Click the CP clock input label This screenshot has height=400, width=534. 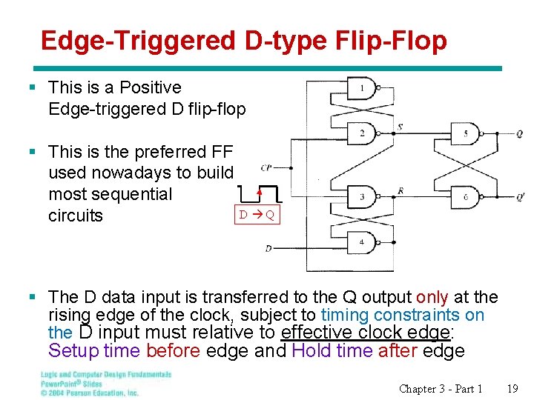tap(266, 168)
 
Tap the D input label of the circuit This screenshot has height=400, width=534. tap(268, 249)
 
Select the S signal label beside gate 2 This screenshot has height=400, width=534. tap(400, 127)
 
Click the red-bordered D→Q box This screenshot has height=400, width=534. tap(257, 216)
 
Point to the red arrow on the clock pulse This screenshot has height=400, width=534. tap(259, 193)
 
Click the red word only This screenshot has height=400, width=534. tap(432, 298)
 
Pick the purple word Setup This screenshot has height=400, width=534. tap(73, 350)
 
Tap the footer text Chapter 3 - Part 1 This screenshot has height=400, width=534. tap(441, 388)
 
